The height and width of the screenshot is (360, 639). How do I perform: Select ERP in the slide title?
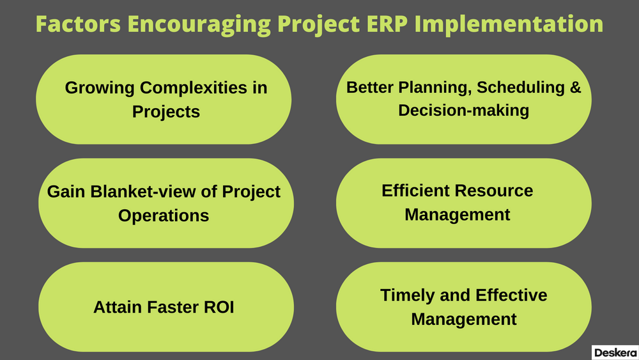pyautogui.click(x=385, y=24)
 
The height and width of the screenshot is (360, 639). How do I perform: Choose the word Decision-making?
pyautogui.click(x=463, y=110)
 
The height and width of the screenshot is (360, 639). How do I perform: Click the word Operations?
pyautogui.click(x=164, y=215)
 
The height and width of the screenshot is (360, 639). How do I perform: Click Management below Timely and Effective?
pyautogui.click(x=463, y=318)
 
